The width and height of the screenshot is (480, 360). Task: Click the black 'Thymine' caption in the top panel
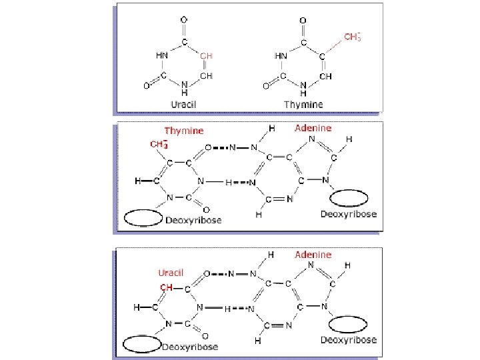tap(303, 104)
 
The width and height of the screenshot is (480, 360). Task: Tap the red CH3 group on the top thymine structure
tap(353, 36)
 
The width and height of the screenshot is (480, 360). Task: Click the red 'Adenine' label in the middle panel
tap(313, 127)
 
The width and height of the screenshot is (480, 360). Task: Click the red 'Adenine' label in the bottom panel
tap(313, 255)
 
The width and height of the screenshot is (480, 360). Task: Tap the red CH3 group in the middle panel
tap(158, 144)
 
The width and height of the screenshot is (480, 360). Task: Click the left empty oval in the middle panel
tap(144, 217)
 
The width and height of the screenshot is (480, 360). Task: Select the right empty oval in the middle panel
tap(349, 198)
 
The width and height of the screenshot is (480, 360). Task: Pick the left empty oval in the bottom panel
tap(143, 343)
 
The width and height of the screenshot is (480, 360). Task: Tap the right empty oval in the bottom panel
tap(349, 324)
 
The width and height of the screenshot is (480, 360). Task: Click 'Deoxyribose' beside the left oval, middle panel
tap(193, 220)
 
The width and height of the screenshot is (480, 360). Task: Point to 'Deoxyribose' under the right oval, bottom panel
tap(348, 340)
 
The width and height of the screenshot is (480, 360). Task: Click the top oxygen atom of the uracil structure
tap(183, 20)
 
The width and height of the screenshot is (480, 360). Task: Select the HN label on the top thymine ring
tap(280, 56)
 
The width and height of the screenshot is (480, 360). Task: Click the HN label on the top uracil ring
tap(161, 56)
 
